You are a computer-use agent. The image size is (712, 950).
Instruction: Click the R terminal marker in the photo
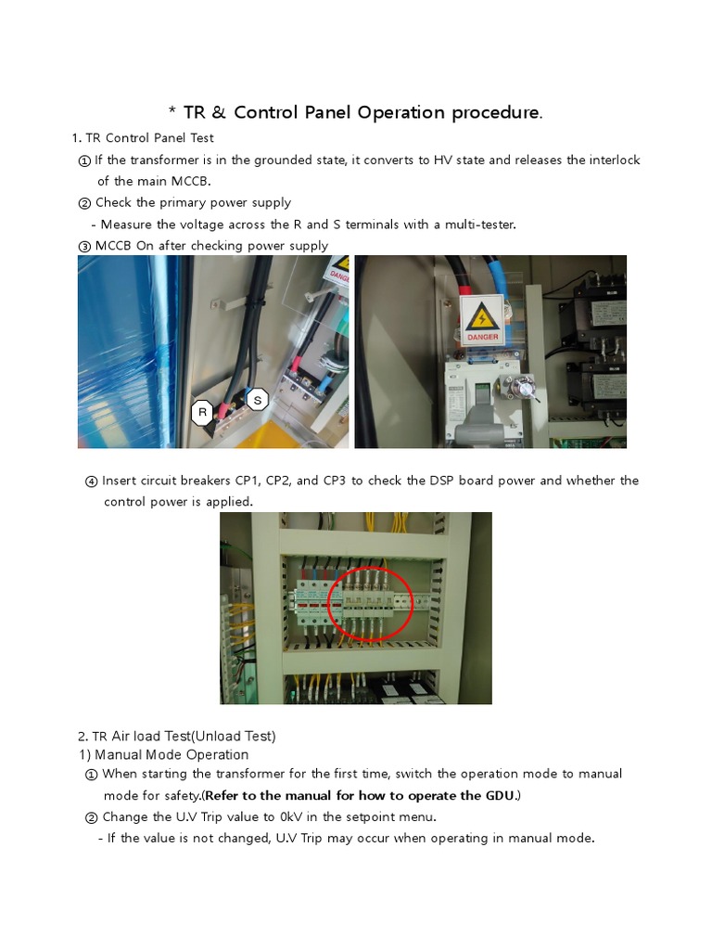tap(202, 413)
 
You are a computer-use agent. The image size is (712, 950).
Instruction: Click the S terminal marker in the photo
tap(257, 400)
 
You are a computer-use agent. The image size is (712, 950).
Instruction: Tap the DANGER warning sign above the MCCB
tap(483, 320)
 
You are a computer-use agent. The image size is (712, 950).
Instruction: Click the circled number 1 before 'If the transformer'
tap(84, 160)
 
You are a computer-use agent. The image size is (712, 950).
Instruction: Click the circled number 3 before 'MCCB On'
tap(84, 246)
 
